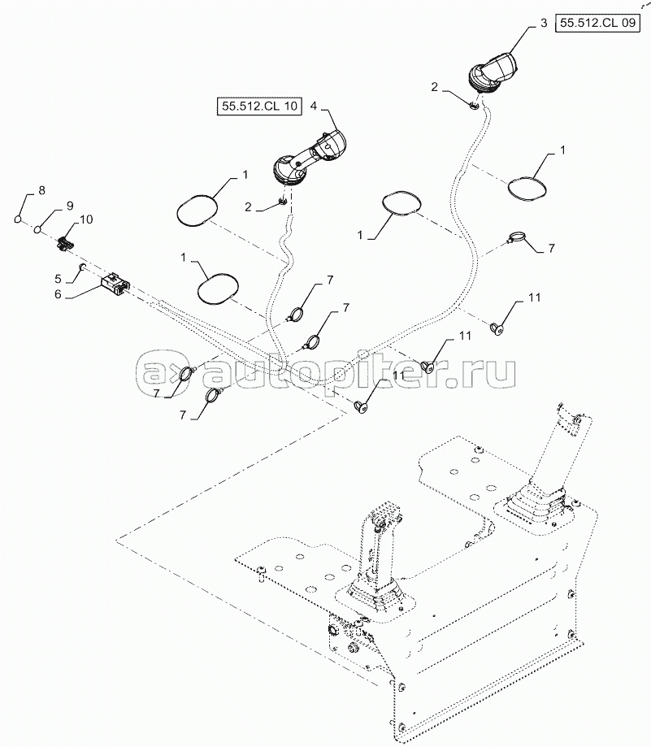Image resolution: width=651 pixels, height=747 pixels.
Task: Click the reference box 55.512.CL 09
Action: (x=597, y=23)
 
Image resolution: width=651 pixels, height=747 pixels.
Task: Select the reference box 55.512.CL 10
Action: (x=259, y=106)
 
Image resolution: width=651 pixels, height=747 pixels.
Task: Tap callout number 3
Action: (x=544, y=23)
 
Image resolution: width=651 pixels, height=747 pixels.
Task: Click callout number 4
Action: (x=314, y=106)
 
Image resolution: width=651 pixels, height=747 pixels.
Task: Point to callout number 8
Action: (x=41, y=190)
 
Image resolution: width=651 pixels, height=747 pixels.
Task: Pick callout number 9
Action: (x=70, y=206)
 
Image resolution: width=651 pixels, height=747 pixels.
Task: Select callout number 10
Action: (x=86, y=219)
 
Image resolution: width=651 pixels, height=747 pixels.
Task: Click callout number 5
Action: (x=58, y=279)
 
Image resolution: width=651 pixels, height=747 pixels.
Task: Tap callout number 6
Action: (x=58, y=294)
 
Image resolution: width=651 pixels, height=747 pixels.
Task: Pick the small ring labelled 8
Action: (x=18, y=219)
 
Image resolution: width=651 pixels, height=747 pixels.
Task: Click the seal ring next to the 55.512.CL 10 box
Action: (x=197, y=209)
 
